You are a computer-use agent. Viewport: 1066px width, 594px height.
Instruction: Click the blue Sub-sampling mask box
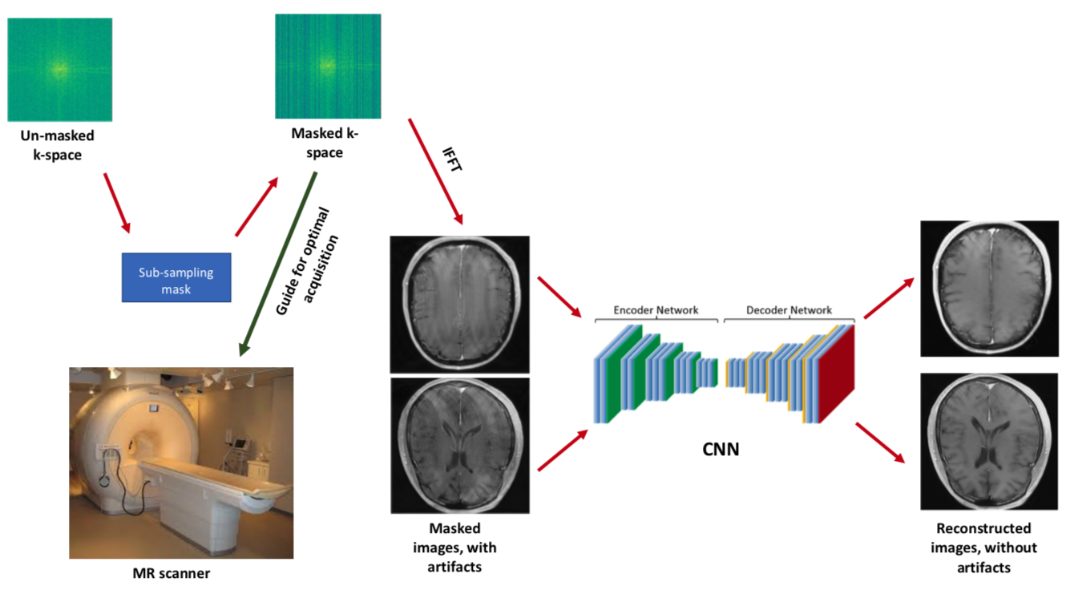coord(176,277)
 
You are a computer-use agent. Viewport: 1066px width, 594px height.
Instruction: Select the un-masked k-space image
coord(59,70)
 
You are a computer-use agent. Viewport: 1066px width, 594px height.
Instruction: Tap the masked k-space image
coord(327,66)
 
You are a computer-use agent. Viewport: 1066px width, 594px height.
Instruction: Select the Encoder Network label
coord(656,310)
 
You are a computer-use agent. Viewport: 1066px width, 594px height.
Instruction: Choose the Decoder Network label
coord(789,310)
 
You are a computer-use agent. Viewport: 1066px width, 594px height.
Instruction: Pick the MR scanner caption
coord(172,573)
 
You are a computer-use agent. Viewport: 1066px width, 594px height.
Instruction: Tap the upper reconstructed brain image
coord(990,288)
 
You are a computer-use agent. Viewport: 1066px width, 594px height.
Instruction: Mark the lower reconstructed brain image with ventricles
coord(990,441)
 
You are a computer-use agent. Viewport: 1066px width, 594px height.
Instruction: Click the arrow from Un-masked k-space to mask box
coord(117,204)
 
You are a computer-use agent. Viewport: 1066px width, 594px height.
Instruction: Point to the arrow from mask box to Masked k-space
coord(256,206)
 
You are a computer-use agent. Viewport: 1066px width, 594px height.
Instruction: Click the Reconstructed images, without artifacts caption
coord(983,548)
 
